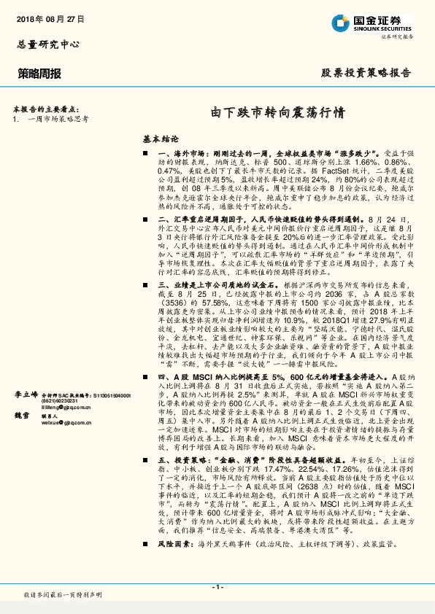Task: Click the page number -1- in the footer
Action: click(217, 587)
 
